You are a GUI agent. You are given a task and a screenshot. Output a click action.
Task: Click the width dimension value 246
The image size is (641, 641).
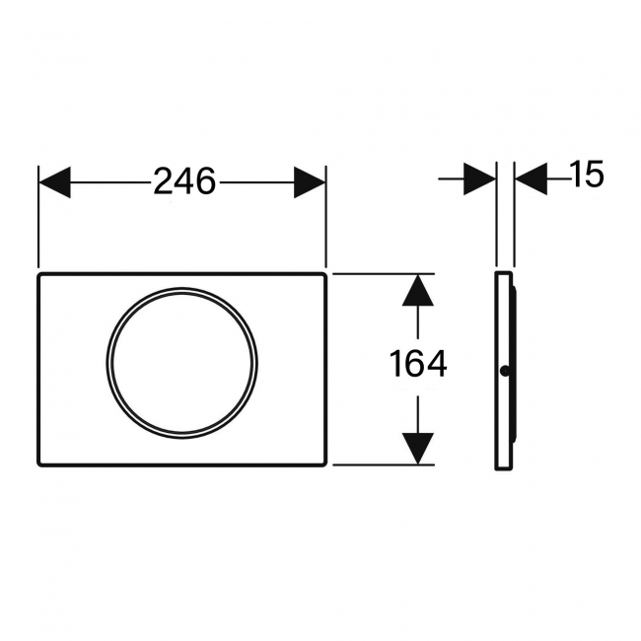(x=183, y=181)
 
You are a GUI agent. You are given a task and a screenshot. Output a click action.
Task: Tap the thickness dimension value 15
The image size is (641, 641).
(x=585, y=176)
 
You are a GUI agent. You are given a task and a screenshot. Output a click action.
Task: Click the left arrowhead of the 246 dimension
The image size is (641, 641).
(x=55, y=181)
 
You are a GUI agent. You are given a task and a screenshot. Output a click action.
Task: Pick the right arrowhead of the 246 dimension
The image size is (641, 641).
(x=309, y=181)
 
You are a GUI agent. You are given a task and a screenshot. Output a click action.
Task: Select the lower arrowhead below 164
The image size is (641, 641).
(x=419, y=447)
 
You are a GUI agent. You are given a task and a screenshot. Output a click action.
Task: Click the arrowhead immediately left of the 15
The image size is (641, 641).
(x=532, y=178)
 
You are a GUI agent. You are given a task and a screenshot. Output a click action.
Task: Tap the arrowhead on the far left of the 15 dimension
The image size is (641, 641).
(x=479, y=178)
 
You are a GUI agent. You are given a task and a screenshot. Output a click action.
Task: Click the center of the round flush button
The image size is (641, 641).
(x=182, y=362)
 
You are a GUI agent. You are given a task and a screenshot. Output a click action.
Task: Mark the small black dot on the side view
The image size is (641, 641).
(x=505, y=372)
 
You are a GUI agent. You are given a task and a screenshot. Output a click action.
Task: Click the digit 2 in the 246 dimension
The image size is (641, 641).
(x=164, y=181)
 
